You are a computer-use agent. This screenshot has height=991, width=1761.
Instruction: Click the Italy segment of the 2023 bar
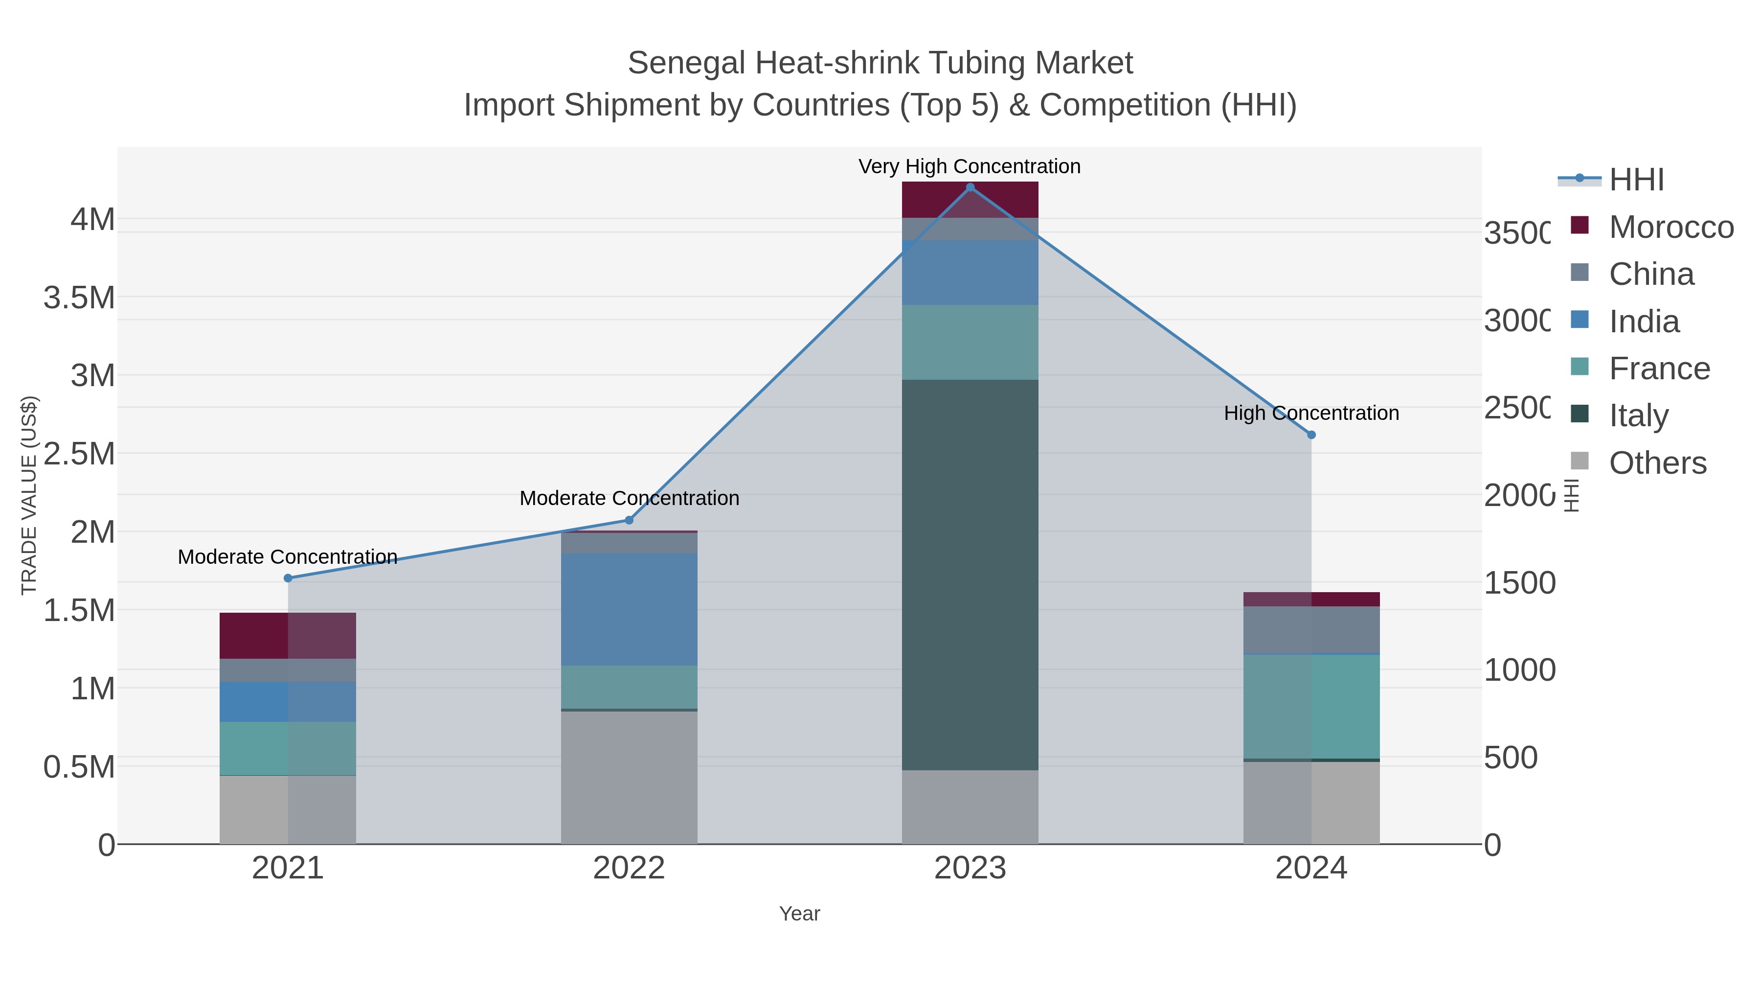click(970, 575)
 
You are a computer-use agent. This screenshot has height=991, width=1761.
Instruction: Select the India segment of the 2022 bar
click(629, 609)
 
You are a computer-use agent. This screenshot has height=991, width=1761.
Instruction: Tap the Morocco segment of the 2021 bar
click(287, 635)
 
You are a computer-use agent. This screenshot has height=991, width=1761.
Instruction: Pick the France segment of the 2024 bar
click(1311, 706)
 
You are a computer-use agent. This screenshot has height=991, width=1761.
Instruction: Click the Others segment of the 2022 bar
click(629, 777)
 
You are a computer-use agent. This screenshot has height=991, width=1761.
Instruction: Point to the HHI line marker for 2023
click(970, 187)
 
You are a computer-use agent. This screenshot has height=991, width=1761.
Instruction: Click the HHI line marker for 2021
click(288, 578)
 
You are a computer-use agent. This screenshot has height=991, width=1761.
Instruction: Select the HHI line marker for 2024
click(1311, 434)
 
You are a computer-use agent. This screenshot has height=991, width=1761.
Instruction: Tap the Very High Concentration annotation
click(970, 166)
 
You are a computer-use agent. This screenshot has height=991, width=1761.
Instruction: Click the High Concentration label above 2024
click(1311, 413)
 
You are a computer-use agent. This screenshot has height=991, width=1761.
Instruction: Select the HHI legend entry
click(1636, 180)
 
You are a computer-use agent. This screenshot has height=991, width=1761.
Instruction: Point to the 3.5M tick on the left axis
click(79, 298)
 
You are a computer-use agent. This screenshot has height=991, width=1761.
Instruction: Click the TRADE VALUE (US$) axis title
click(29, 495)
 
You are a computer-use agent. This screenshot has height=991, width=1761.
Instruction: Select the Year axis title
click(799, 914)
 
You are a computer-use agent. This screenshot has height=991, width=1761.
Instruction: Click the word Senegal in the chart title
click(686, 64)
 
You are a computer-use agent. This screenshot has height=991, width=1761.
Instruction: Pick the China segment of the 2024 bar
click(1311, 630)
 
